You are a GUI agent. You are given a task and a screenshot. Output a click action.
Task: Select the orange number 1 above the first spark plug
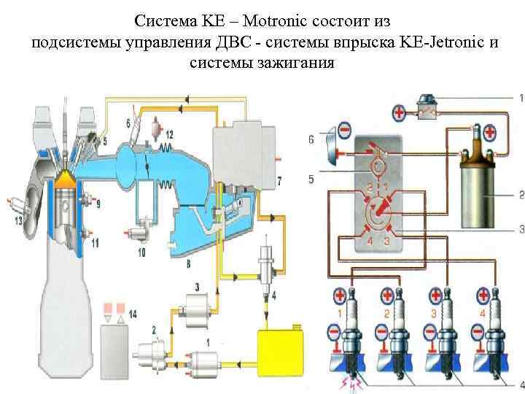[339, 314]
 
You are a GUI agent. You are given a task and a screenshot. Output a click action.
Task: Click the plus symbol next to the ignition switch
[400, 112]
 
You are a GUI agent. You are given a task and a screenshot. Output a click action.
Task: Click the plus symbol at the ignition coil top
[489, 133]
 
